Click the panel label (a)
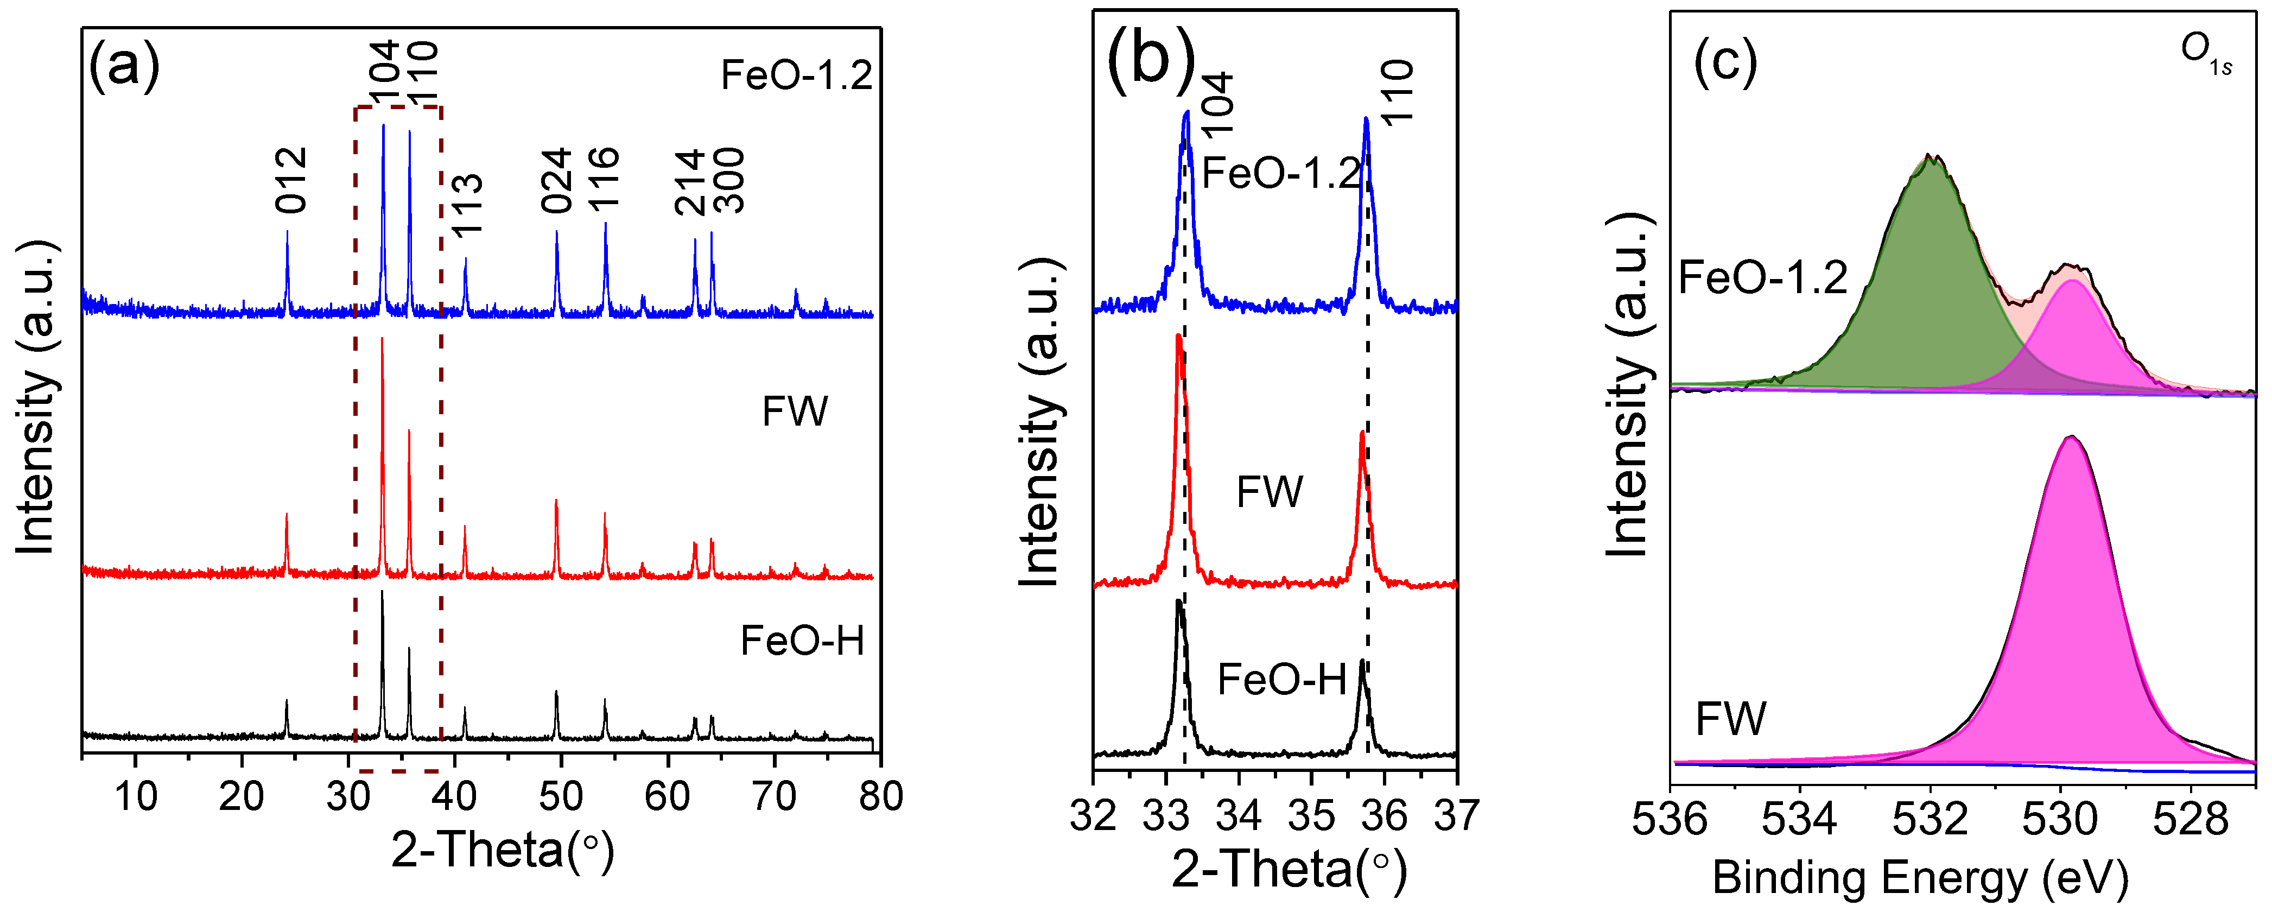(124, 66)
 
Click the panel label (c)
(1725, 62)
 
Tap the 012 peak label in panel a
(290, 181)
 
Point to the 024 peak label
(556, 181)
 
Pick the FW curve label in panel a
(795, 411)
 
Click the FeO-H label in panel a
(802, 641)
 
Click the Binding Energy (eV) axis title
(1920, 878)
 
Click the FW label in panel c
(1730, 718)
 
